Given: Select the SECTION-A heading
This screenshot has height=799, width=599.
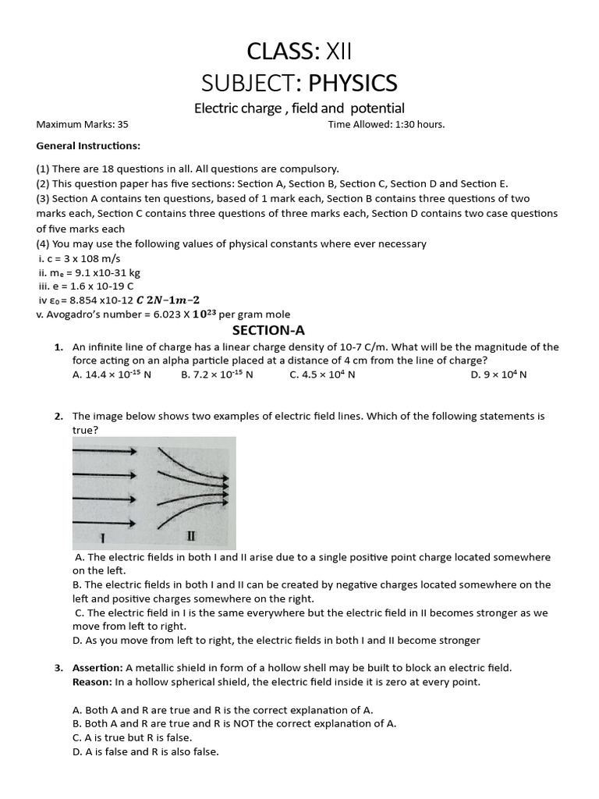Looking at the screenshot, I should click(x=299, y=330).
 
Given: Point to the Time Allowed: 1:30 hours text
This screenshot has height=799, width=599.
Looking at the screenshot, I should click(x=386, y=124).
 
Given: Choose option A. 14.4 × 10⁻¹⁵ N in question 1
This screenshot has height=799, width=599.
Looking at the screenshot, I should click(x=112, y=375).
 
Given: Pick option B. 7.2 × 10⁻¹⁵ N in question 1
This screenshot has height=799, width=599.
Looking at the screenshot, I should click(x=217, y=375).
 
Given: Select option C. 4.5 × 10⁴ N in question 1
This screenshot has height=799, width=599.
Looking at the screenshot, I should click(x=322, y=375).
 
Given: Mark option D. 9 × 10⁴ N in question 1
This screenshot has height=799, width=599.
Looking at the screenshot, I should click(x=499, y=375).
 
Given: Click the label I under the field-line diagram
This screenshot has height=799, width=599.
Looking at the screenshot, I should click(x=103, y=538).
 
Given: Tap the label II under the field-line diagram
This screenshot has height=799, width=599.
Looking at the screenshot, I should click(x=191, y=537).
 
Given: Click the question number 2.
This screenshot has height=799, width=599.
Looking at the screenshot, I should click(x=58, y=416).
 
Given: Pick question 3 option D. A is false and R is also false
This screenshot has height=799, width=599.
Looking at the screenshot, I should click(x=145, y=751).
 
